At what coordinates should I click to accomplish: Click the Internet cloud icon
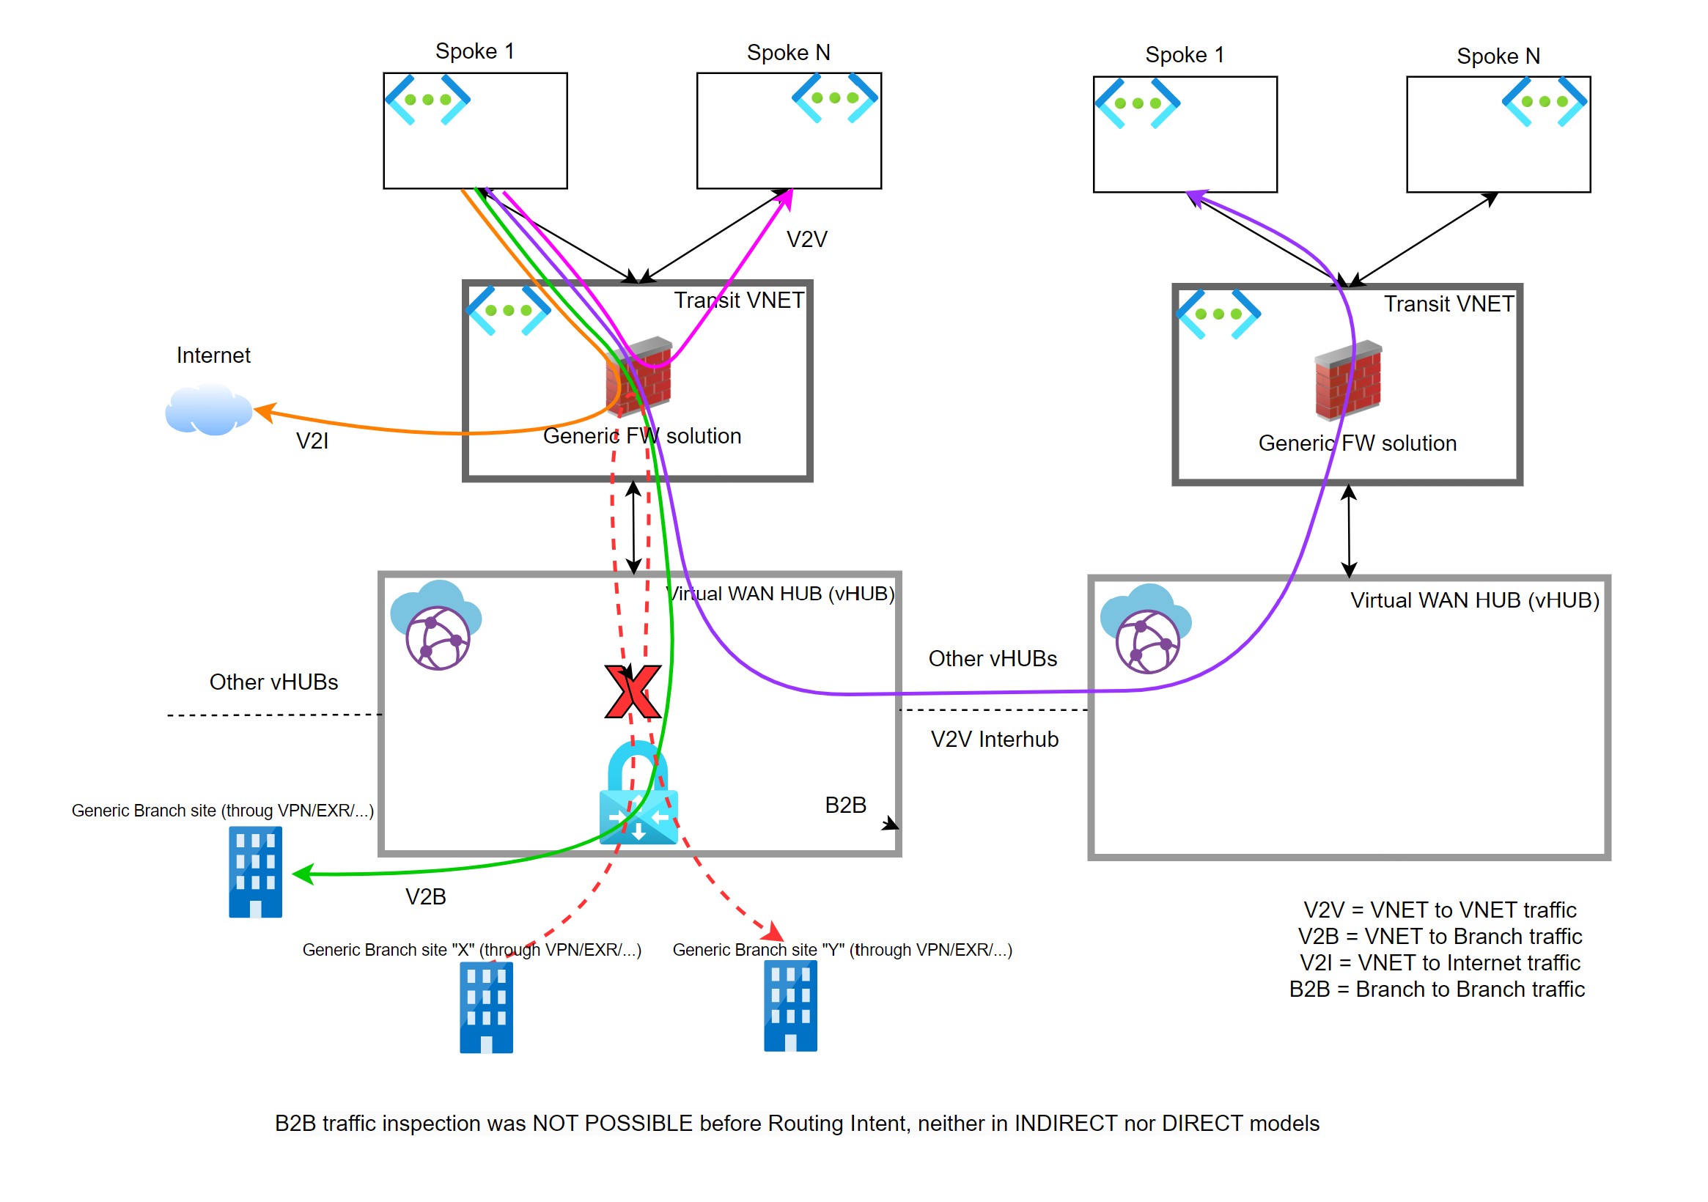pos(207,410)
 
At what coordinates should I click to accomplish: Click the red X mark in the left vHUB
pos(633,692)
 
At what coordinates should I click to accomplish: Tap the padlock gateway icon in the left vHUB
pos(638,794)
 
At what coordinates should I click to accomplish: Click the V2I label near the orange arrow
pos(312,441)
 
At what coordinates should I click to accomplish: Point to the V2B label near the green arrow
pos(425,897)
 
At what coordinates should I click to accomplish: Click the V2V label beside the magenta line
pos(807,240)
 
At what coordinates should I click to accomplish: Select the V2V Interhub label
pos(995,740)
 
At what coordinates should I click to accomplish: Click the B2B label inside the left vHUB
pos(846,805)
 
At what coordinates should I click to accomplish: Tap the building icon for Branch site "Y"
pos(790,1006)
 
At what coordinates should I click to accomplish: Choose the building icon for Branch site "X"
pos(486,1008)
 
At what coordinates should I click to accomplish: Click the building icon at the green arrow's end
pos(255,871)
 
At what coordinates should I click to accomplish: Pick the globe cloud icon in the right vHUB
pos(1146,630)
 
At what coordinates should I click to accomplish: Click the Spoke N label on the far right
pos(1498,56)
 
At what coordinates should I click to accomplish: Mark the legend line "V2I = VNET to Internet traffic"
pos(1440,963)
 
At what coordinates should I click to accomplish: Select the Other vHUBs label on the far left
pos(273,682)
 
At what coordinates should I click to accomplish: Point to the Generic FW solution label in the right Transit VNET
pos(1357,443)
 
